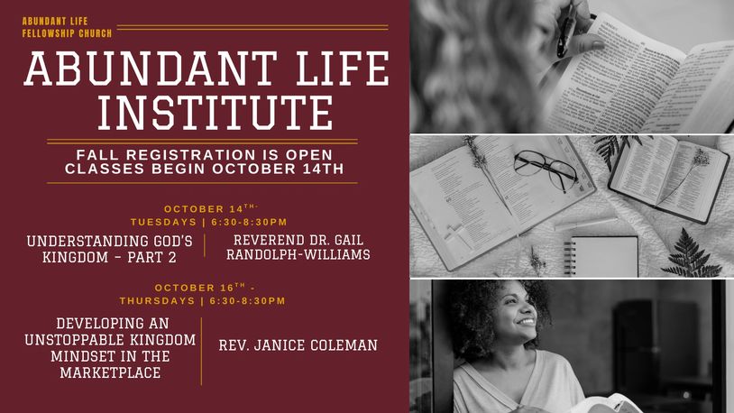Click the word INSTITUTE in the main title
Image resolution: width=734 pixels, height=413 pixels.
coord(216,113)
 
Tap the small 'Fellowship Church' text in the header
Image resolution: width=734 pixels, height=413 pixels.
coord(67,33)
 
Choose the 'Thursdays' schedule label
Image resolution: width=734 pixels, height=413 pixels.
coord(157,300)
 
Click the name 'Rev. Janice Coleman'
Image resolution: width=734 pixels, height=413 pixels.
coord(298,345)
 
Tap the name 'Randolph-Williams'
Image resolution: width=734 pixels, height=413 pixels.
coord(298,254)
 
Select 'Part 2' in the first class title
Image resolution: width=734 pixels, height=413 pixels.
coord(151,257)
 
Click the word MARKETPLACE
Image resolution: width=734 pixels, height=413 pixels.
coord(111,372)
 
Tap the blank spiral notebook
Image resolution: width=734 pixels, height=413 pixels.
coord(602,256)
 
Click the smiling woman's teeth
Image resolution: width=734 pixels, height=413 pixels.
coord(527,322)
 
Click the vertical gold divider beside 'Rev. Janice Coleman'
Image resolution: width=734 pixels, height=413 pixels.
coord(202,351)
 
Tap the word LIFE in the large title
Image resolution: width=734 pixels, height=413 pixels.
coord(342,69)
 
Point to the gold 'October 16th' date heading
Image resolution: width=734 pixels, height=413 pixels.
coord(205,288)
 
